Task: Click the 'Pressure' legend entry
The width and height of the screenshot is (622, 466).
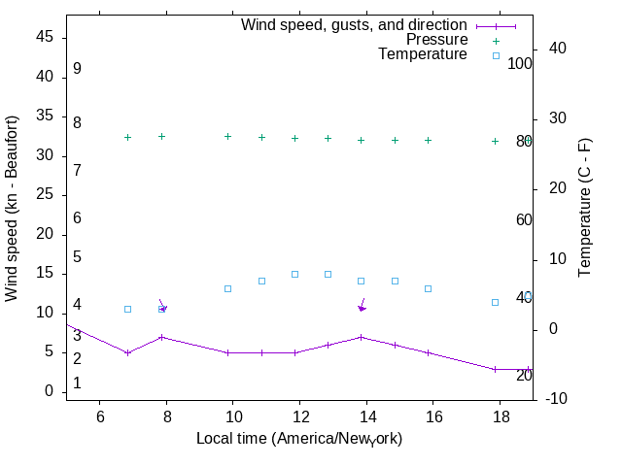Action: coord(436,40)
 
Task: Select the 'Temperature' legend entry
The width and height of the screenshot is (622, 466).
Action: coord(423,54)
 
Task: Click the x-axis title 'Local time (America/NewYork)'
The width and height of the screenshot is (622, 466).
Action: coord(299,438)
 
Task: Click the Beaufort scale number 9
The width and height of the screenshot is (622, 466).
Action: coord(77,69)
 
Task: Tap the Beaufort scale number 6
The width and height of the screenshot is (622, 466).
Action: coord(77,218)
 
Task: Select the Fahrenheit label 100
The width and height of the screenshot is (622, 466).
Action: coord(520,63)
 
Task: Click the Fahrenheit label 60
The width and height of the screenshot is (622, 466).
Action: coord(524,219)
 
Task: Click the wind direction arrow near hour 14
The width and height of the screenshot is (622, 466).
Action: coord(362,305)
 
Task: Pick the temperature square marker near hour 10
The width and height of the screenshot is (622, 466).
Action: coord(228,288)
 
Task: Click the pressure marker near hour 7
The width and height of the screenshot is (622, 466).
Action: coord(127,138)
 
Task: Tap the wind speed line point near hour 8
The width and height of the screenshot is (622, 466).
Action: coord(161,337)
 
